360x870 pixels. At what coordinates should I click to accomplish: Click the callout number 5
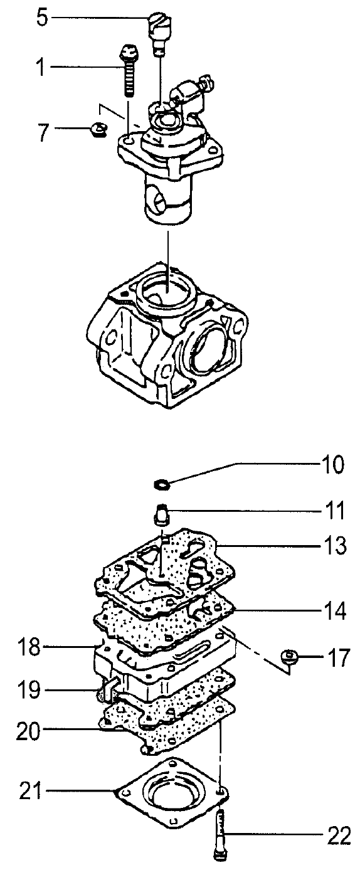coord(43,18)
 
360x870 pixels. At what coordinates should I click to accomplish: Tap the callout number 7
coord(43,132)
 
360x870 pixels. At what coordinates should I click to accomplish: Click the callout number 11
coord(334,511)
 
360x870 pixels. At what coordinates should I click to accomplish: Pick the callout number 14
coord(334,611)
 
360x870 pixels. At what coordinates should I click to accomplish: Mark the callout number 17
coord(337,658)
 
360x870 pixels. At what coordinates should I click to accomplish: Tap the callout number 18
coord(29,647)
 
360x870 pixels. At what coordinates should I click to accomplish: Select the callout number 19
coord(29,690)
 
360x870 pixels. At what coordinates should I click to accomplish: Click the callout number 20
coord(28,731)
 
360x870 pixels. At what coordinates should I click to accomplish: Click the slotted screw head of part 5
coord(159,23)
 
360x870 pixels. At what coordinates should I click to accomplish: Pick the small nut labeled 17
coord(289,655)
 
